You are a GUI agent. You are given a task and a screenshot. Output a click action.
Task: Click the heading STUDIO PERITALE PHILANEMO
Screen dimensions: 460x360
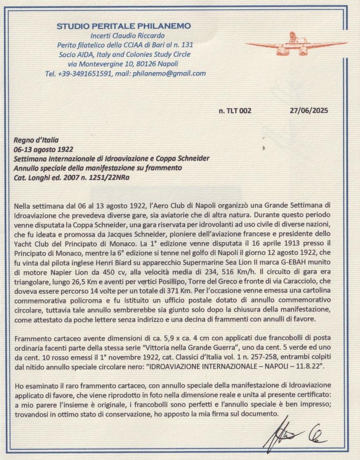click(124, 26)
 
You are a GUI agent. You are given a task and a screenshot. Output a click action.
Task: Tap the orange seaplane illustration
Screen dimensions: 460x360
click(296, 44)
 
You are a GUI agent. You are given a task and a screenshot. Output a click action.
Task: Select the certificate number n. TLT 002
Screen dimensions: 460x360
click(235, 111)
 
